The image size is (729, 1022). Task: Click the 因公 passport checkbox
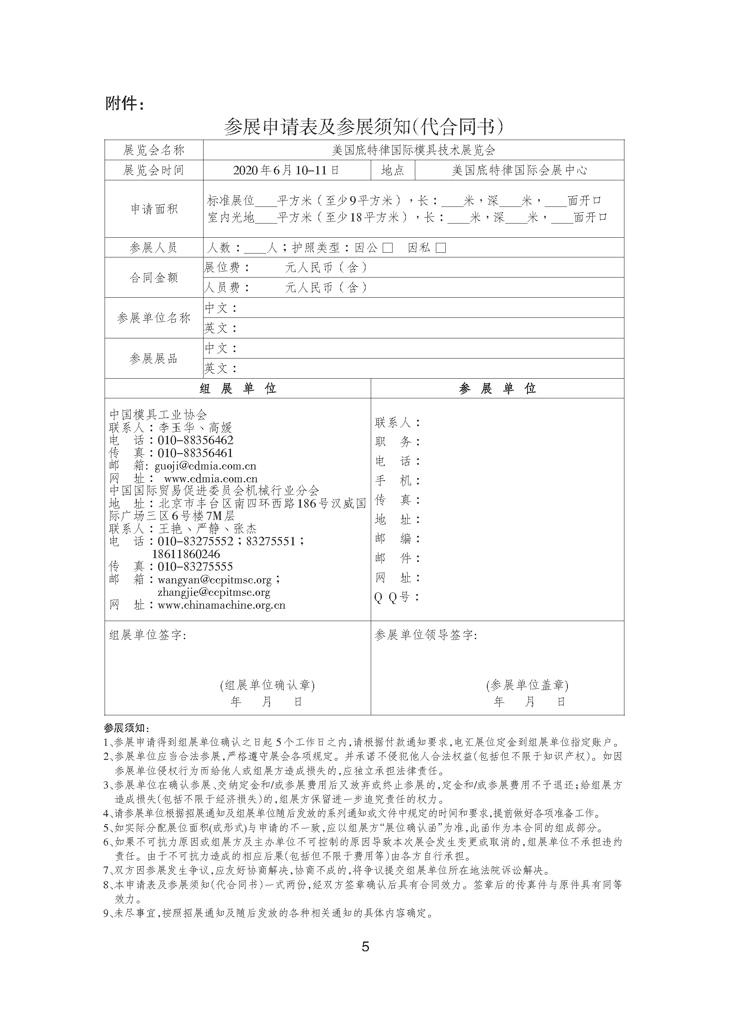point(388,248)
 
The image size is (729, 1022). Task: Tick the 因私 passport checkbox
point(441,248)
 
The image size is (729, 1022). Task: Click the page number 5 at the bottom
point(366,947)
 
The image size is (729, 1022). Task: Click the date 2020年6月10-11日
point(286,170)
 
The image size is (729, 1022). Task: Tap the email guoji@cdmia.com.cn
point(205,466)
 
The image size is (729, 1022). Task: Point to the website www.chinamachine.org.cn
point(222,605)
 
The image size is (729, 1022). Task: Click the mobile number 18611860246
point(186,554)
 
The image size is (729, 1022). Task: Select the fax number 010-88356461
point(195,453)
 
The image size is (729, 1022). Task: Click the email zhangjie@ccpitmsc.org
point(214,592)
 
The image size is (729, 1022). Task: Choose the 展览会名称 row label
point(154,150)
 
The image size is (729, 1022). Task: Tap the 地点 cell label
point(393,170)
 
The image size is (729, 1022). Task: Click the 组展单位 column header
point(238,388)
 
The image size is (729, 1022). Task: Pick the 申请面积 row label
point(154,209)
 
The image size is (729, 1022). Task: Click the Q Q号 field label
point(397,597)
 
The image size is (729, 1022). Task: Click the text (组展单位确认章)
point(267,685)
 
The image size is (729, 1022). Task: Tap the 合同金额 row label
point(154,278)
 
